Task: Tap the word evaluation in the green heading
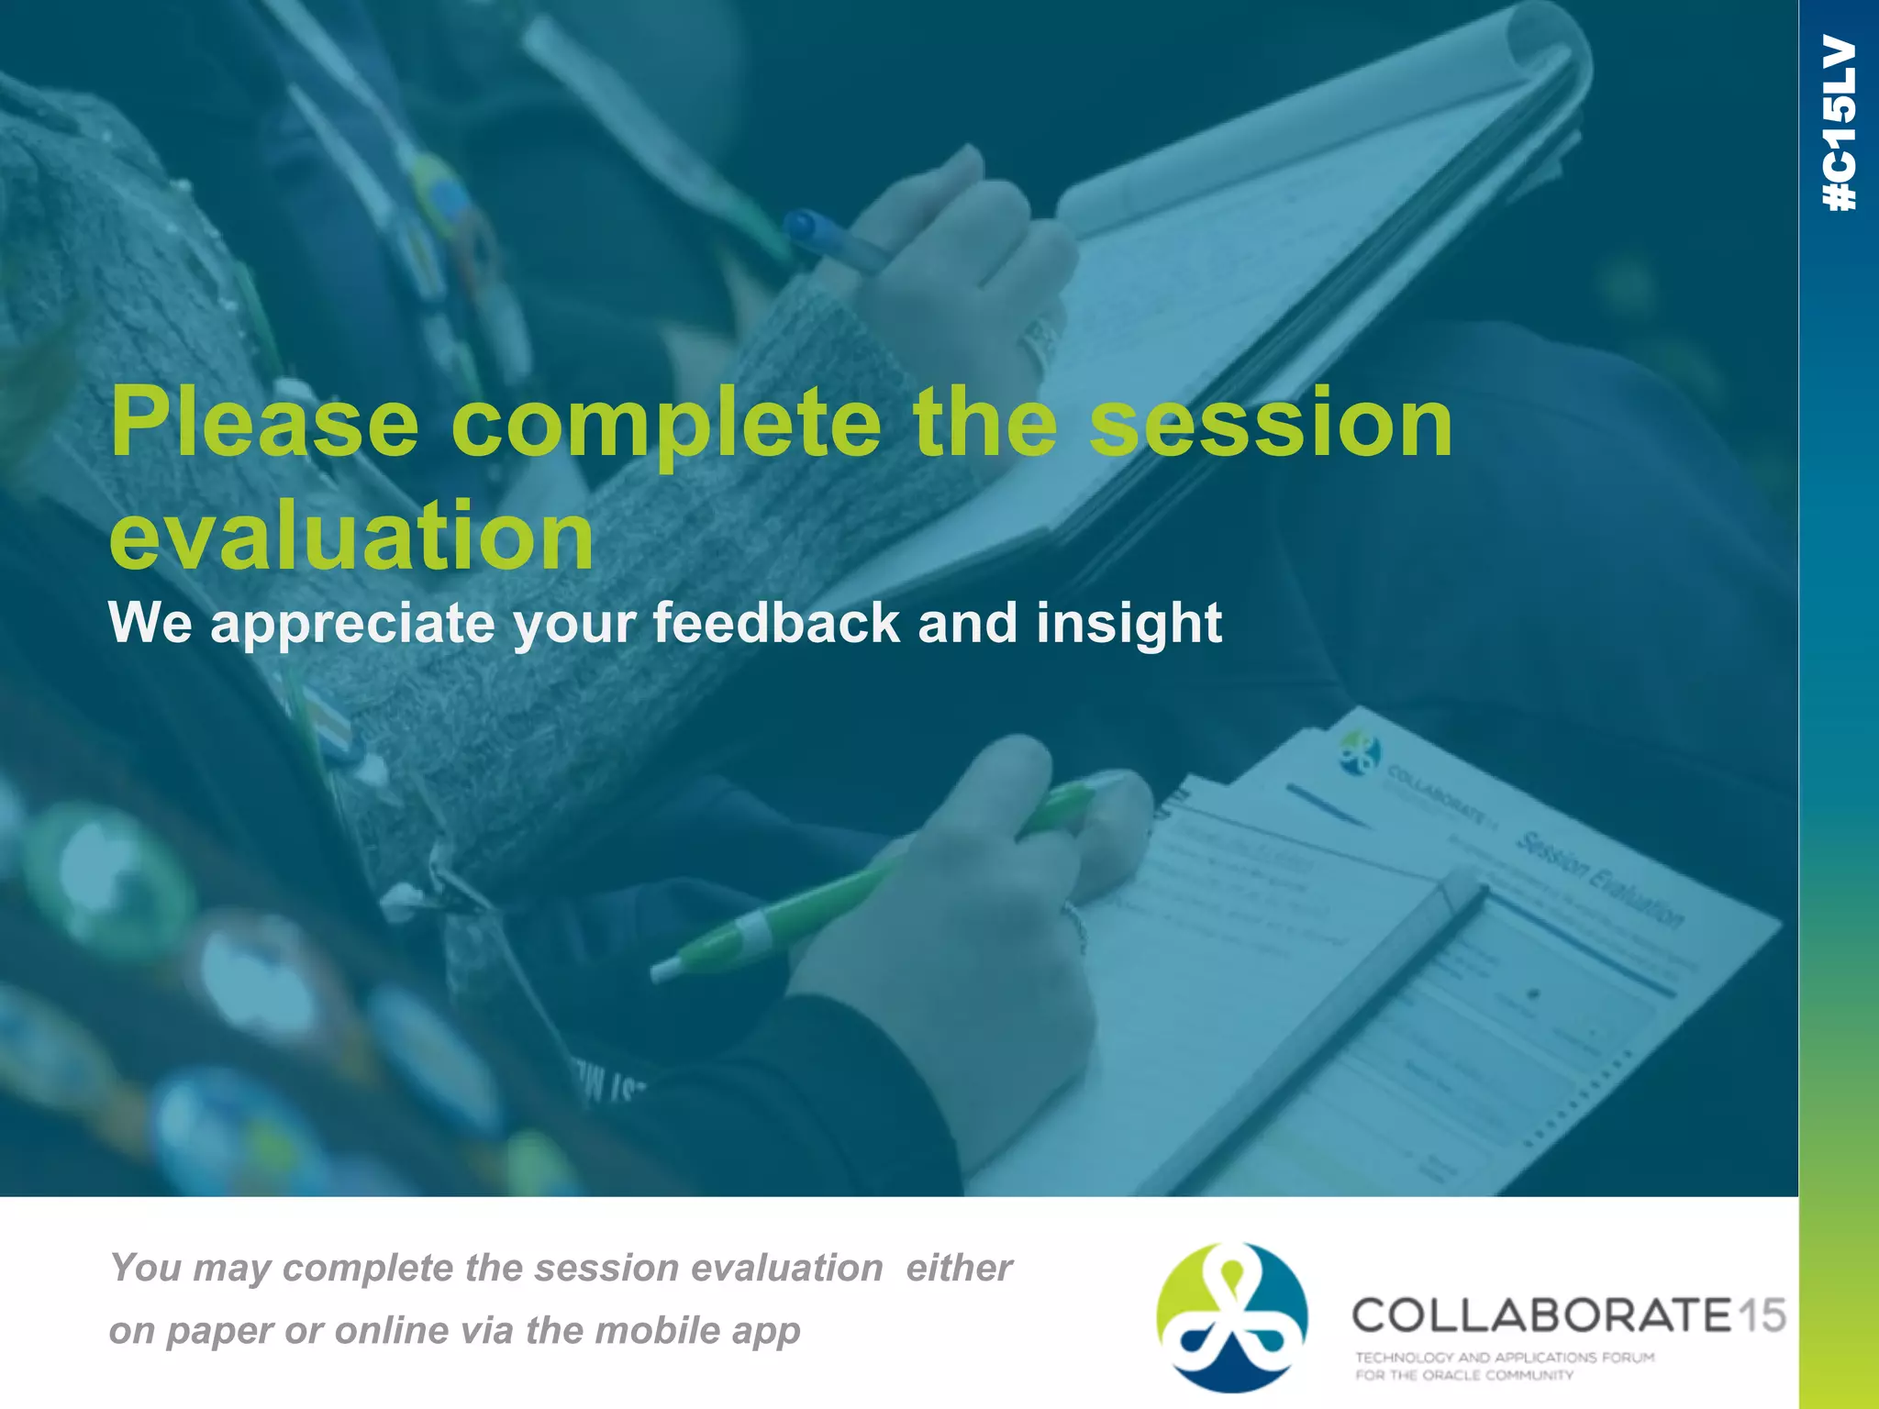pyautogui.click(x=351, y=536)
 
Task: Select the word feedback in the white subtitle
pyautogui.click(x=776, y=623)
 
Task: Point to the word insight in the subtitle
pyautogui.click(x=1129, y=623)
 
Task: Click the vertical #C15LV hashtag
pyautogui.click(x=1840, y=123)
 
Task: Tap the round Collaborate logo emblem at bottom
pyautogui.click(x=1231, y=1317)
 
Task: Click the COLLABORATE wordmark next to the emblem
pyautogui.click(x=1541, y=1315)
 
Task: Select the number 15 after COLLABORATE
pyautogui.click(x=1762, y=1315)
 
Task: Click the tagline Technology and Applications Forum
pyautogui.click(x=1505, y=1357)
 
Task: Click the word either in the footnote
pyautogui.click(x=959, y=1268)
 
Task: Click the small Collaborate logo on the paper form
pyautogui.click(x=1359, y=751)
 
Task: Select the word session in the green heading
pyautogui.click(x=1271, y=424)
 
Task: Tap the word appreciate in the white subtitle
pyautogui.click(x=352, y=623)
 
